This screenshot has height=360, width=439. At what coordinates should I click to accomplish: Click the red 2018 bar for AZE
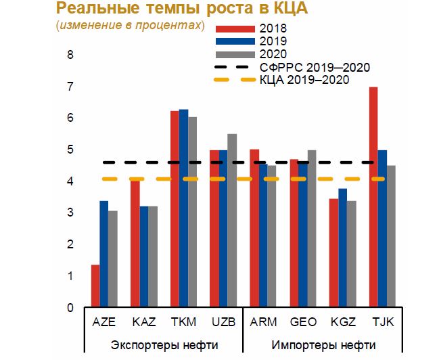pos(95,286)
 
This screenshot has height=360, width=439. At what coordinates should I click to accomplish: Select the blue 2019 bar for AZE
pos(103,254)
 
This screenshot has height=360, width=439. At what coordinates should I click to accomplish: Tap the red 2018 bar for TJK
pos(373,197)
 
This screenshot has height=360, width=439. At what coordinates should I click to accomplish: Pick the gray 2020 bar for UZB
pos(232,221)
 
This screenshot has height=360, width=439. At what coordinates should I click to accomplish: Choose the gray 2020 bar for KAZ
pos(152,256)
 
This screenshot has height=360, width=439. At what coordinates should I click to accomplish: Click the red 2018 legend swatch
pos(234,29)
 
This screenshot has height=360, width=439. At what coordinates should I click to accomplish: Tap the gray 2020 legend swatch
pos(234,55)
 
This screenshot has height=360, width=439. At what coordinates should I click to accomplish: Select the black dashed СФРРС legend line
pos(234,68)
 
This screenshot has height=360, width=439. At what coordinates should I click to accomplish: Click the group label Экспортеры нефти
pos(164,344)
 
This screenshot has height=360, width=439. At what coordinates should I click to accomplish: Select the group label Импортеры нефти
pos(323,344)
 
